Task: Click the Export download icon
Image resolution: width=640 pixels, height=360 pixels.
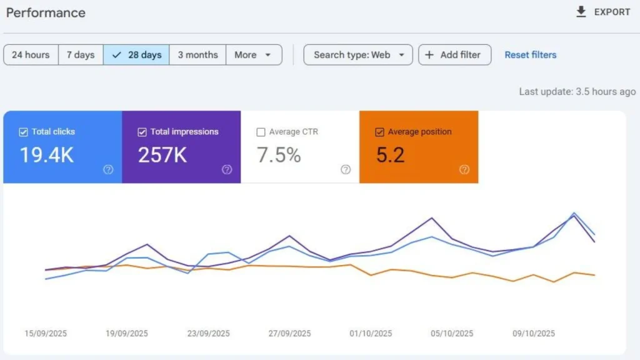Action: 581,12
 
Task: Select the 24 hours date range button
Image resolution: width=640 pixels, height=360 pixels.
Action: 31,55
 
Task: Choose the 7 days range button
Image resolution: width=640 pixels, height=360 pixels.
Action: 81,55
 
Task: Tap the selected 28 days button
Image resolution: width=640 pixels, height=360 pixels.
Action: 137,55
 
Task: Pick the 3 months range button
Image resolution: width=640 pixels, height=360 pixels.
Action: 197,55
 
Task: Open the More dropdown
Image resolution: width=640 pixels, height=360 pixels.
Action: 253,55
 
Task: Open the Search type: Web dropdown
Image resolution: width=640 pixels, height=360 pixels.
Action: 358,55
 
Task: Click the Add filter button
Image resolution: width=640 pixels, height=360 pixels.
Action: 454,55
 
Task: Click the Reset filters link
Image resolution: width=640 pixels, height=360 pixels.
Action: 530,55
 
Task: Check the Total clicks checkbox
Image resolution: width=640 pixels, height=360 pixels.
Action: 24,132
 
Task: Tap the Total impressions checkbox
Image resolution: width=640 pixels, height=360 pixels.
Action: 142,132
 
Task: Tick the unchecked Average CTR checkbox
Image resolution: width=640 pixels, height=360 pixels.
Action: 261,132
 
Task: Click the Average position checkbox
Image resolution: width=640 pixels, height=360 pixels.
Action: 379,132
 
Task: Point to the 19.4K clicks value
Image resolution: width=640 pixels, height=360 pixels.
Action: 46,155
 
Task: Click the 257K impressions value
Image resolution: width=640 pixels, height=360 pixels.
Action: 162,155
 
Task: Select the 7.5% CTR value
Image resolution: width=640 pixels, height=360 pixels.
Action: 279,155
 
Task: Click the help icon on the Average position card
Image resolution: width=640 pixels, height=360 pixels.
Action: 464,169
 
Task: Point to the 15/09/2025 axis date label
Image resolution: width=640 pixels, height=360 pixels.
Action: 46,333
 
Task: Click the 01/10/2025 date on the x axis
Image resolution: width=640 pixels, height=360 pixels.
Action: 371,333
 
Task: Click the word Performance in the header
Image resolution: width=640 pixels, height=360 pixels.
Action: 46,12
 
